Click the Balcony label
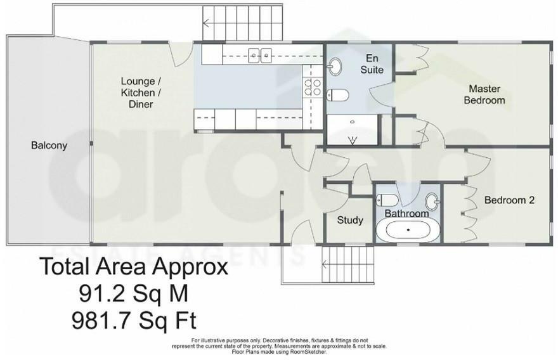pyautogui.click(x=49, y=145)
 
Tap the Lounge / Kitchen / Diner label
pyautogui.click(x=141, y=93)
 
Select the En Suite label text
pyautogui.click(x=372, y=64)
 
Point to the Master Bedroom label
pyautogui.click(x=484, y=94)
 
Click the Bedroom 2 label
pyautogui.click(x=509, y=200)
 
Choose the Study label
pyautogui.click(x=349, y=220)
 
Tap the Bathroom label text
pyautogui.click(x=406, y=214)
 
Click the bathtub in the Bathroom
pyautogui.click(x=408, y=229)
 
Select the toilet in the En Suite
pyautogui.click(x=338, y=96)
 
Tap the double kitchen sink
pyautogui.click(x=260, y=55)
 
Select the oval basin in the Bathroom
pyautogui.click(x=432, y=200)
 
